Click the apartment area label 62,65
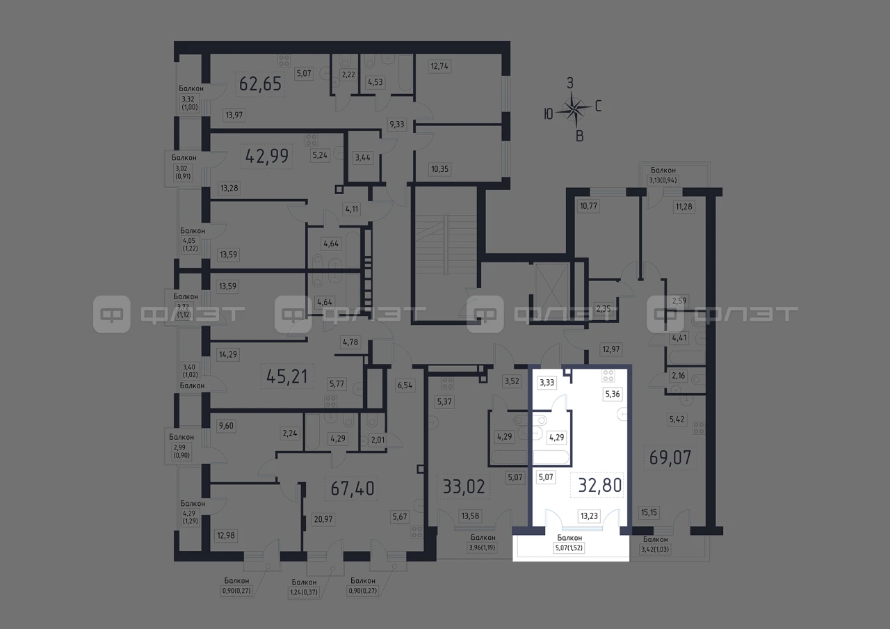(260, 84)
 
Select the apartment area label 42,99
(266, 156)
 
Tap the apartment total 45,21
(287, 376)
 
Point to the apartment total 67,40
(352, 488)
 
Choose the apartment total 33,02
(464, 486)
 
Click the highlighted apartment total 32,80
(599, 485)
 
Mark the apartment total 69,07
(670, 458)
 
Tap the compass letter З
(570, 83)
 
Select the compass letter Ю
(549, 115)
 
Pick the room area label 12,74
(439, 66)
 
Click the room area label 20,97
(323, 519)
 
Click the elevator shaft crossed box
(552, 292)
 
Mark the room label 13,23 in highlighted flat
(589, 516)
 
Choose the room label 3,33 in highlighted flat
(547, 383)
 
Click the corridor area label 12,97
(611, 349)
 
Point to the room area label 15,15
(649, 513)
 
